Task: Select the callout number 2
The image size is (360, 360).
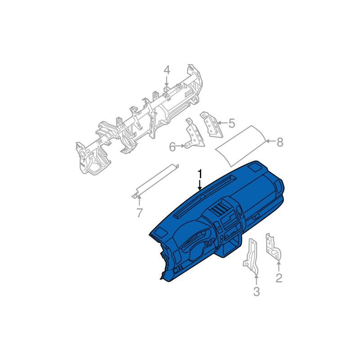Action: tap(279, 278)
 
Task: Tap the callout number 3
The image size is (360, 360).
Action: tap(256, 292)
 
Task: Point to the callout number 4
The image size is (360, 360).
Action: tap(167, 70)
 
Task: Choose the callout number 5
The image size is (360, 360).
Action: tap(232, 123)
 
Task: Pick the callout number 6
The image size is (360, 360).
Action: tap(172, 147)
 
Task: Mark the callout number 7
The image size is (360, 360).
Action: tap(139, 213)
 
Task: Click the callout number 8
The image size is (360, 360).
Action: tap(280, 142)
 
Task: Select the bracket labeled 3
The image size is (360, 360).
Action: tap(251, 256)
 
